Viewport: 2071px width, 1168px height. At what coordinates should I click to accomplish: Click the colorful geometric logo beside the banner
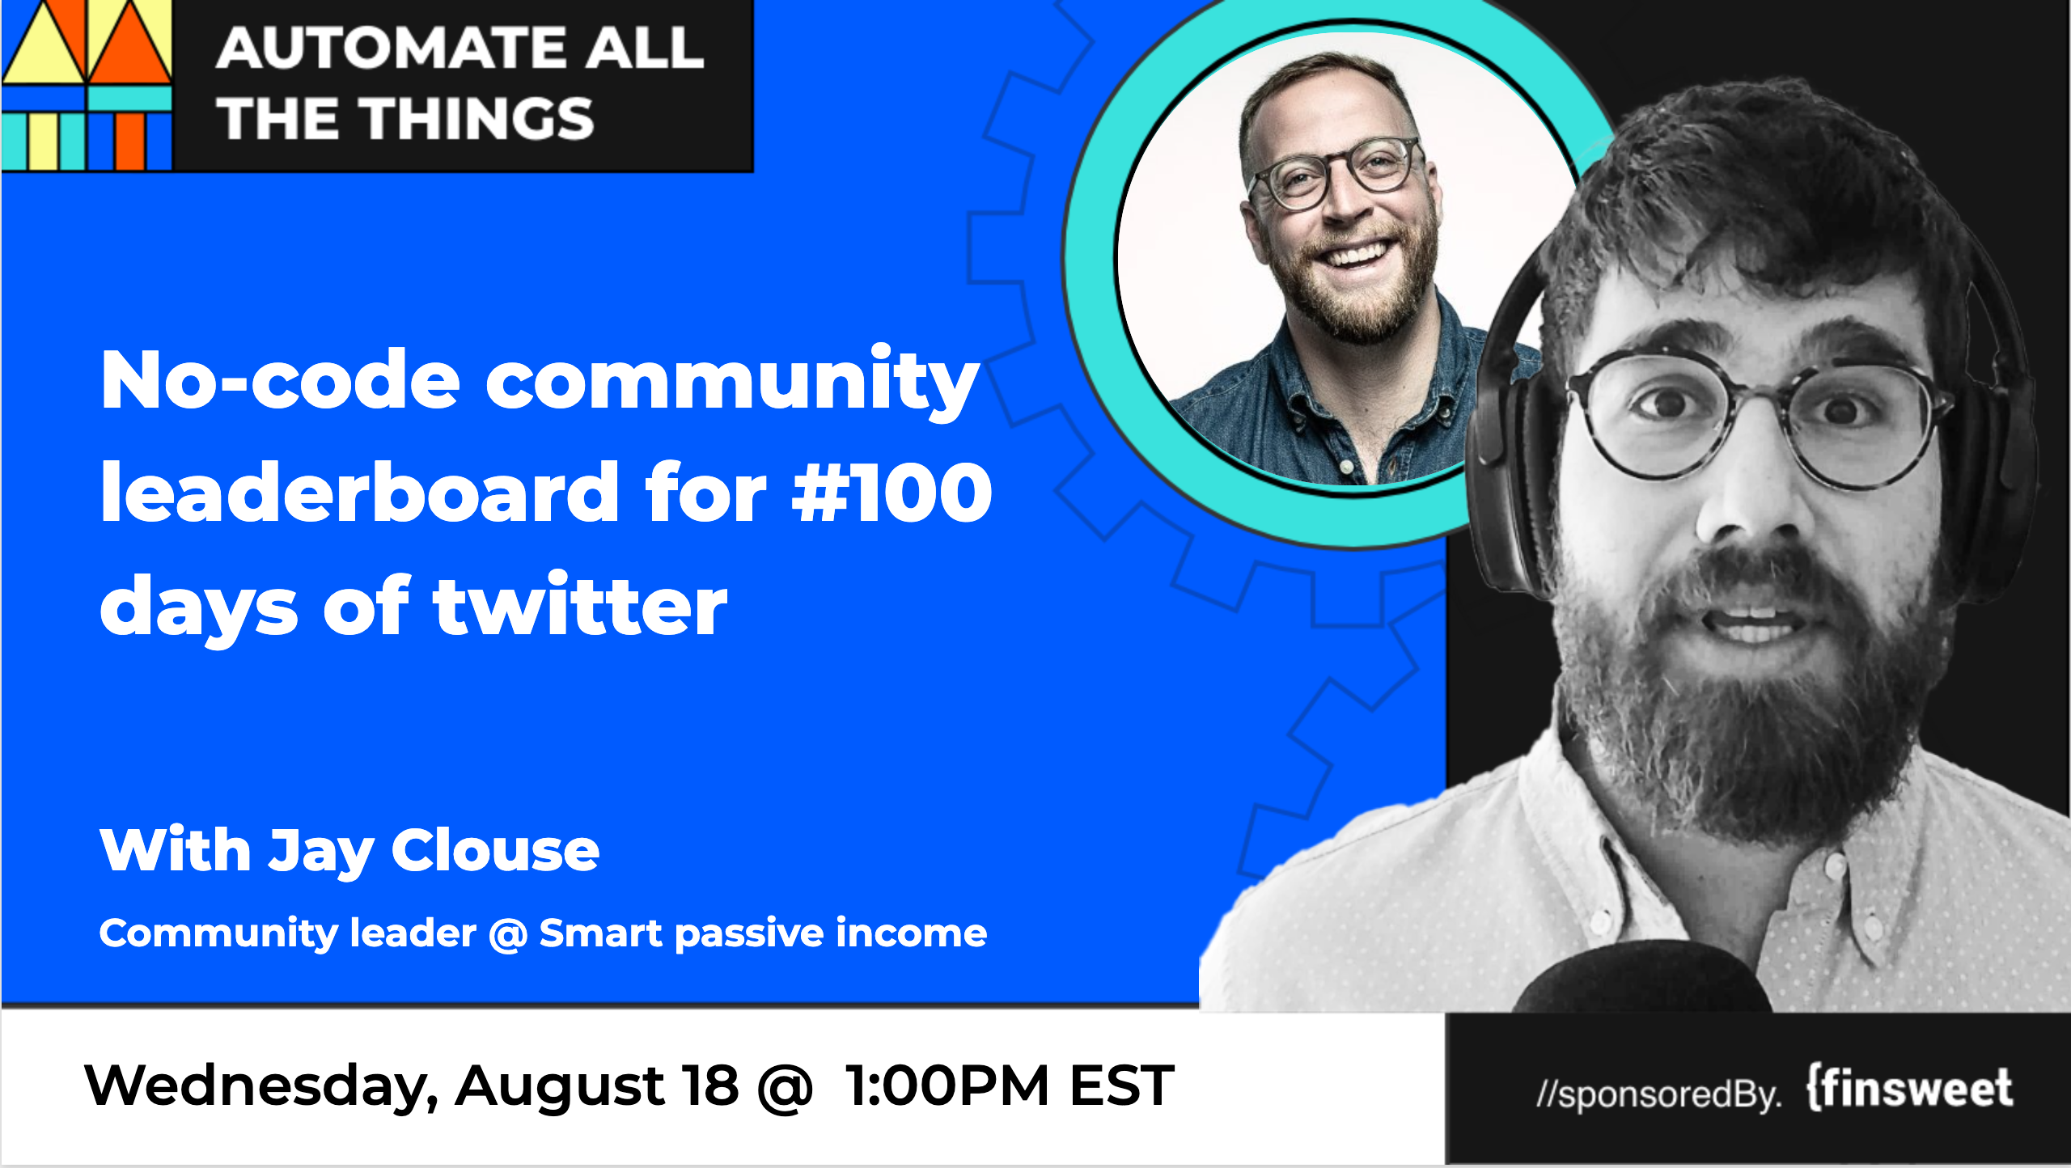pyautogui.click(x=87, y=85)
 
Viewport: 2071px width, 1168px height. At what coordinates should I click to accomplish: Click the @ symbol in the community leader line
pyautogui.click(x=507, y=934)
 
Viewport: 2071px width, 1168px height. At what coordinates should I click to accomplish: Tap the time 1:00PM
pyautogui.click(x=947, y=1085)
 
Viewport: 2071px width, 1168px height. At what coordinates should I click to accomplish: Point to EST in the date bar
pyautogui.click(x=1121, y=1085)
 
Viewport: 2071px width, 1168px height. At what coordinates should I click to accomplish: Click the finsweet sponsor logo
pyautogui.click(x=1910, y=1088)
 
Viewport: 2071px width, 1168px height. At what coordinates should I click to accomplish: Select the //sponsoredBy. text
pyautogui.click(x=1658, y=1094)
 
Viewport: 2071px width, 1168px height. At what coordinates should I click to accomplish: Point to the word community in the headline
pyautogui.click(x=732, y=380)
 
